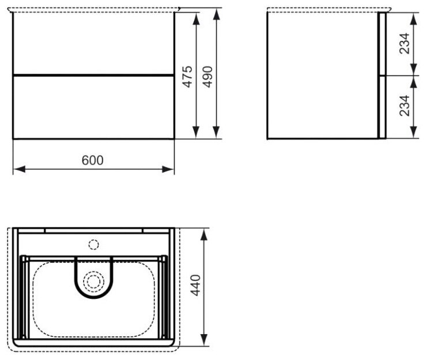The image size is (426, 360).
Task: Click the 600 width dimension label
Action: (x=93, y=161)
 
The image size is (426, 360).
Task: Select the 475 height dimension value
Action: (x=187, y=77)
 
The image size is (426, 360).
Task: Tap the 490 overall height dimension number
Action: (x=208, y=77)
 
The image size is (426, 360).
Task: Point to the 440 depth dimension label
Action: (x=195, y=285)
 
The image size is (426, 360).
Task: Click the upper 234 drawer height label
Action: (x=405, y=43)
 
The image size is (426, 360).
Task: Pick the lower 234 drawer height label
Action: (x=405, y=106)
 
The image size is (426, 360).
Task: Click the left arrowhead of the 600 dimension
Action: (x=19, y=169)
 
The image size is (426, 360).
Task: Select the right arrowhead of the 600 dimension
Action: (x=168, y=169)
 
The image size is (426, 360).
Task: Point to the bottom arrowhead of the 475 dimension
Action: (x=196, y=132)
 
